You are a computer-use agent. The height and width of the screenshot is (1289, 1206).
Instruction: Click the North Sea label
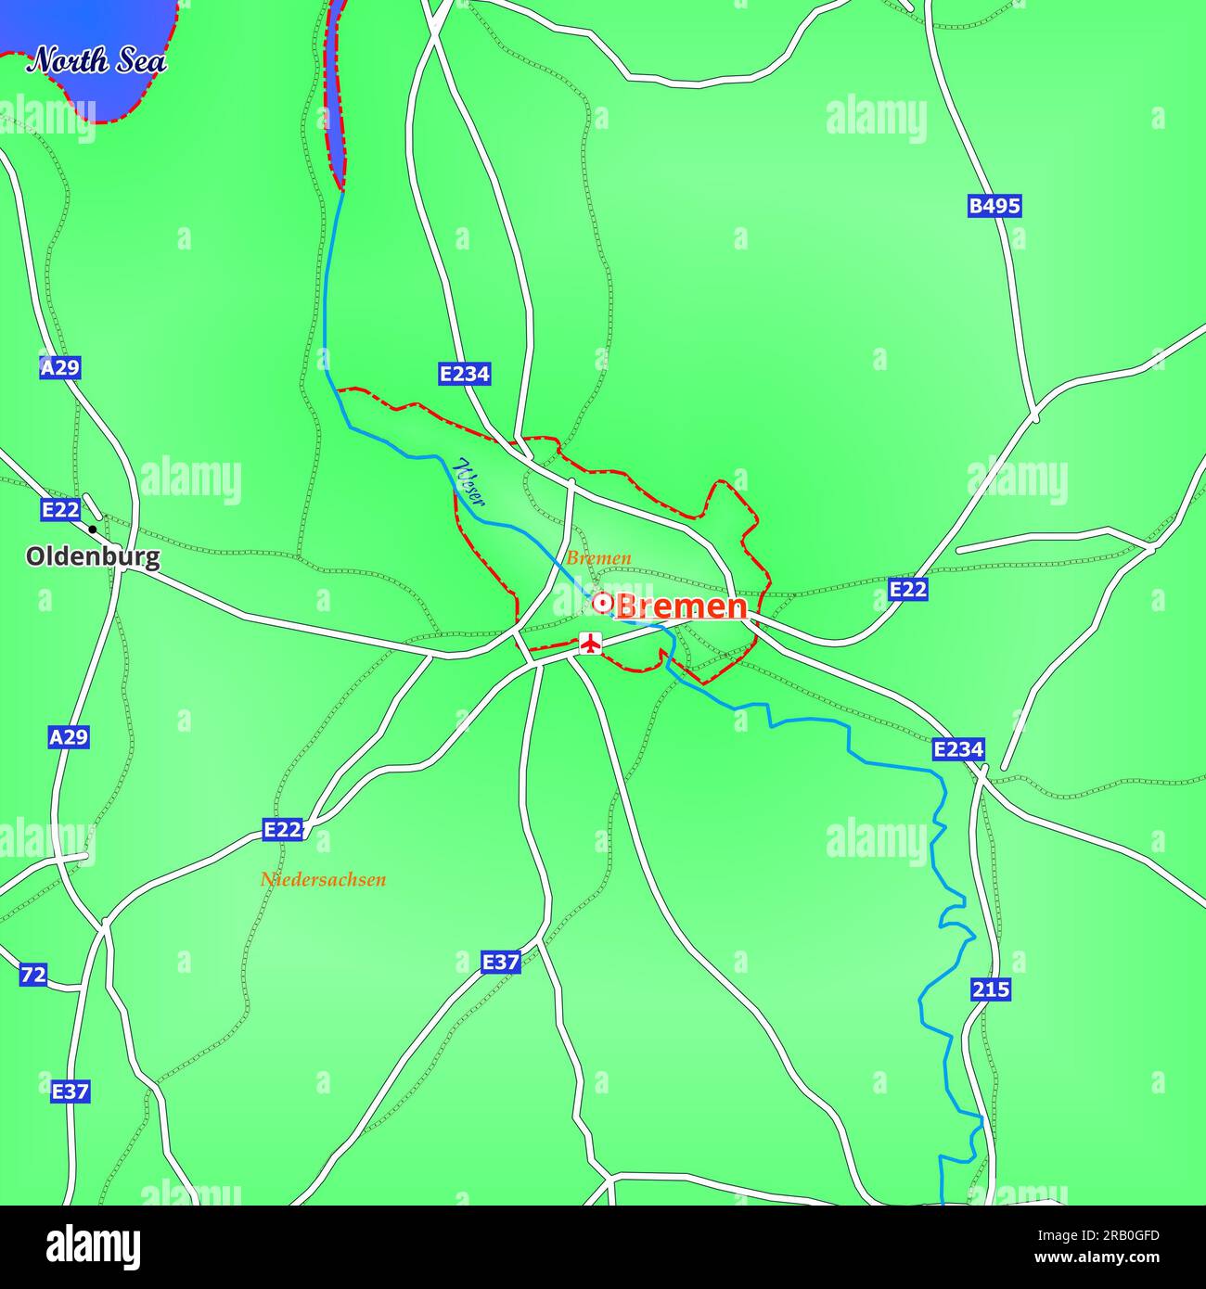click(x=96, y=61)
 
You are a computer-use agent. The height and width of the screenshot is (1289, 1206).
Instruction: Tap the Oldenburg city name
click(x=92, y=557)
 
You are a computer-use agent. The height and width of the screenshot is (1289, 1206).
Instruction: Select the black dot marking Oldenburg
click(x=92, y=530)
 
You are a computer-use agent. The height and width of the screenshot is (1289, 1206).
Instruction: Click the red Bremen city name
click(x=681, y=606)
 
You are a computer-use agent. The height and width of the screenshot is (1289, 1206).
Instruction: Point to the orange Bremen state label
click(x=598, y=558)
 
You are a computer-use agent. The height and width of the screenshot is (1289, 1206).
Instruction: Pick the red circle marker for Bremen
click(x=602, y=604)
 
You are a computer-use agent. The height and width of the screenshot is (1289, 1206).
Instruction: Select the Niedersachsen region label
click(x=323, y=879)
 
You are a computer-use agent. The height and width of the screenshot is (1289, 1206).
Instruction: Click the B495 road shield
click(x=994, y=206)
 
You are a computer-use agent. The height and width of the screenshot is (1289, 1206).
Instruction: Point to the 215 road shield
click(x=991, y=989)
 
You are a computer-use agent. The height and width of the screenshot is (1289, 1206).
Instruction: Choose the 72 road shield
click(x=33, y=975)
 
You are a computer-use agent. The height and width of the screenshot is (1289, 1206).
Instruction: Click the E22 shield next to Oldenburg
click(x=60, y=509)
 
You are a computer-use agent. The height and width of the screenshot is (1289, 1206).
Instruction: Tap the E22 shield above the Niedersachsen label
click(x=282, y=829)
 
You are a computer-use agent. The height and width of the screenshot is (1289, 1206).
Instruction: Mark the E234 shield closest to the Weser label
click(x=464, y=374)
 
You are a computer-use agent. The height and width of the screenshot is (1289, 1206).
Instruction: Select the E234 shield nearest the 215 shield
click(x=957, y=748)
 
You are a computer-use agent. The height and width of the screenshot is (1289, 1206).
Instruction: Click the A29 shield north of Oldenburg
click(x=60, y=368)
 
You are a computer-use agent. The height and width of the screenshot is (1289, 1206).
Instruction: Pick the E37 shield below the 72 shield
click(x=70, y=1091)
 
